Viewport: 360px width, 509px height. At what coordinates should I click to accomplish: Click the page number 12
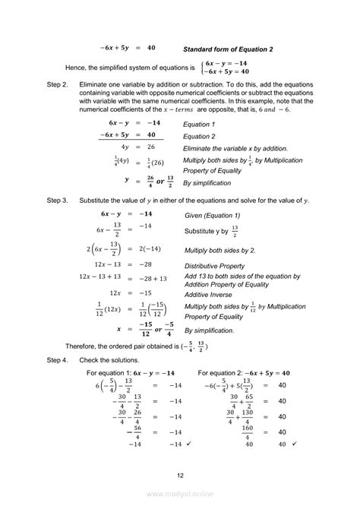coord(179,475)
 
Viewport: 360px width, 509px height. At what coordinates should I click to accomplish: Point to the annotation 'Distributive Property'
coord(215,266)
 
